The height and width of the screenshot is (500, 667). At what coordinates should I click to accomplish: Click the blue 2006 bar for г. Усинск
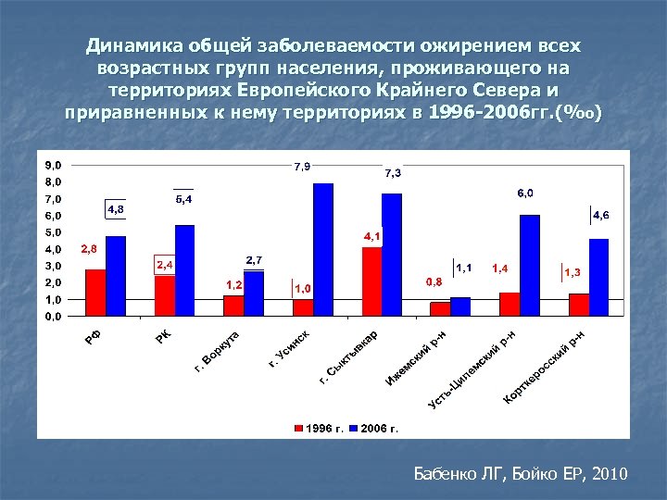pos(323,249)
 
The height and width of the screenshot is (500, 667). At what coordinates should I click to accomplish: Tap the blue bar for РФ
pos(116,276)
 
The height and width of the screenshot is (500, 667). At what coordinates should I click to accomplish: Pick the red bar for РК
pos(164,295)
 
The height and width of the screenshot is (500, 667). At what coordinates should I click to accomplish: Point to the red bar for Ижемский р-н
pos(440,308)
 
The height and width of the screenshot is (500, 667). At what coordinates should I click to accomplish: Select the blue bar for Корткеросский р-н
pos(598,277)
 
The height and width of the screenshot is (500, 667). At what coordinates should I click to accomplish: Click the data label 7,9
pos(302,167)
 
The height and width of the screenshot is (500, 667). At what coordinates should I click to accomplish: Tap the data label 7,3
pos(393,173)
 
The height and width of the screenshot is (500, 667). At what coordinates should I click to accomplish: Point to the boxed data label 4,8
pos(116,210)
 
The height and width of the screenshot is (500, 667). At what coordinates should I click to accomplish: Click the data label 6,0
pos(524,193)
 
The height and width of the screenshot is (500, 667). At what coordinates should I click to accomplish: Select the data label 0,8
pos(434,281)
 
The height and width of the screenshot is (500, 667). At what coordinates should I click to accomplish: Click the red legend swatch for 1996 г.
pos(298,429)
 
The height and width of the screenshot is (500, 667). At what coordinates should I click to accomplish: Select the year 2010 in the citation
pos(606,474)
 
